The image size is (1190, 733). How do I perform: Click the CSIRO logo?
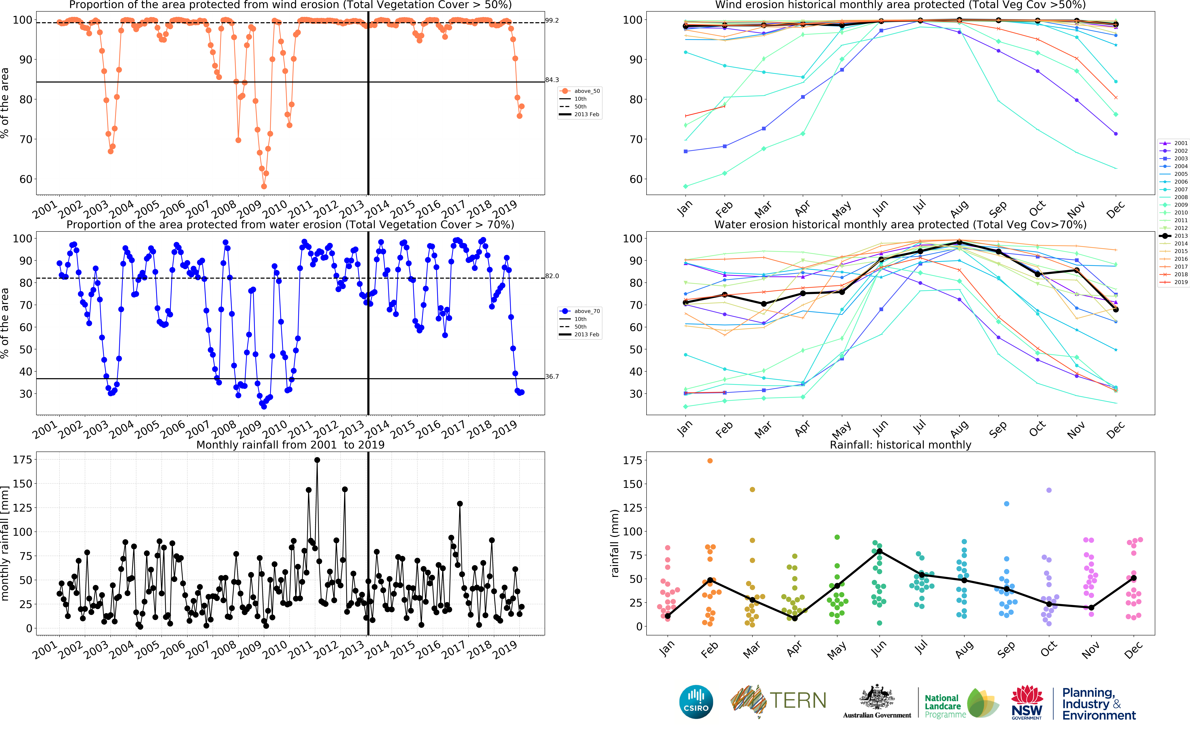696,702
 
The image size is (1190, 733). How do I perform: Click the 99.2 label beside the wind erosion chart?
552,20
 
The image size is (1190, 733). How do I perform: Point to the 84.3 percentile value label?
552,80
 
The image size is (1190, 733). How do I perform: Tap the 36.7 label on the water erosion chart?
552,377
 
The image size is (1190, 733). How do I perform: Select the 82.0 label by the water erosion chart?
552,276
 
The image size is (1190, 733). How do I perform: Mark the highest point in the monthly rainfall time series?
317,460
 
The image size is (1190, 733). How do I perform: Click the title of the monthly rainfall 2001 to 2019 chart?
290,445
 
